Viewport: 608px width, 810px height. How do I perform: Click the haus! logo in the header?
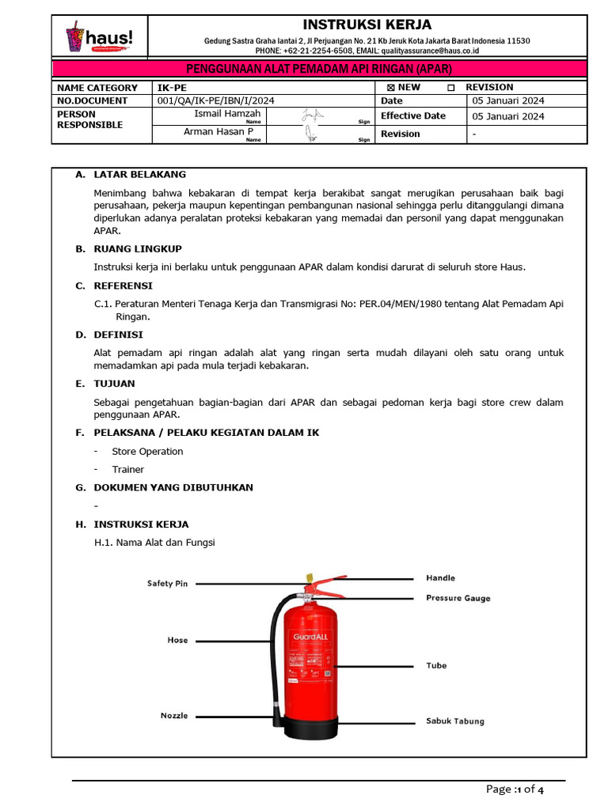[x=99, y=36]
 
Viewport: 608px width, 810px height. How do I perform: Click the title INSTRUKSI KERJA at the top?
[x=367, y=25]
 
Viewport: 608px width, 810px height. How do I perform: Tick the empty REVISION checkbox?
[x=451, y=88]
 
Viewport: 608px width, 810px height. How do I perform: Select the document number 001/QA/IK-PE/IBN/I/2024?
[x=216, y=101]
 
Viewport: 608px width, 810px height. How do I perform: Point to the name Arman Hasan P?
[x=218, y=132]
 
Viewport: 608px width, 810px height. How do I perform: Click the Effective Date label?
[x=413, y=116]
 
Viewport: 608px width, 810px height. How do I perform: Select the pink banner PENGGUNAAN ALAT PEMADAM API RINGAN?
[x=319, y=70]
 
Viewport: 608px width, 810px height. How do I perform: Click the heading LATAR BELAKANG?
[x=139, y=174]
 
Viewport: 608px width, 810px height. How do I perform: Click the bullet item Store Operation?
[x=147, y=452]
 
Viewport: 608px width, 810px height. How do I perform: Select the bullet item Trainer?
[x=127, y=470]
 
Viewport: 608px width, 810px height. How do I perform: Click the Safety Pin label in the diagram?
[x=167, y=584]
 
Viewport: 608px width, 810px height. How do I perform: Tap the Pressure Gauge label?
[x=458, y=598]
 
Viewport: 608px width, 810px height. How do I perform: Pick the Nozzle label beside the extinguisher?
[x=174, y=716]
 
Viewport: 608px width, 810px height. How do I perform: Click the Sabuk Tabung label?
[x=454, y=721]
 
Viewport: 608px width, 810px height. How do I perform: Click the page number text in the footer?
[x=515, y=789]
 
